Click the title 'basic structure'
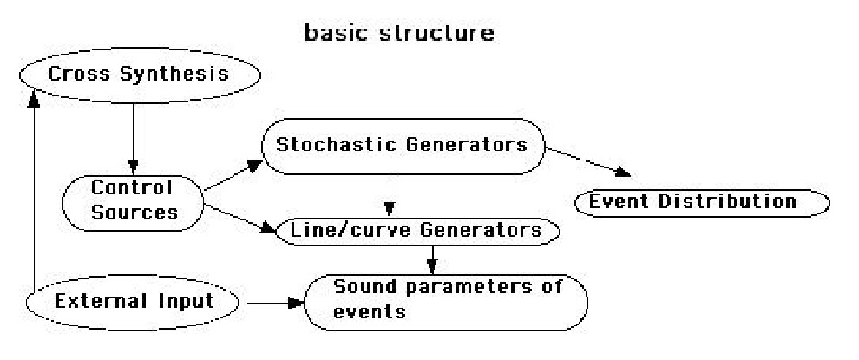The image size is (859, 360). pos(399,34)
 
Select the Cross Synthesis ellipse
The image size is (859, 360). pos(139,74)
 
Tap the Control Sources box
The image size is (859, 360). pos(133,199)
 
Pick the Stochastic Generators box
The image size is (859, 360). pos(401,146)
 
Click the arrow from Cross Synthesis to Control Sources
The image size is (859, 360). pos(133,139)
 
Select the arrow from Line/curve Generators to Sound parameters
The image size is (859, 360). pos(431,256)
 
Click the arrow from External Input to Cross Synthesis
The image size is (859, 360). pos(32,191)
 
